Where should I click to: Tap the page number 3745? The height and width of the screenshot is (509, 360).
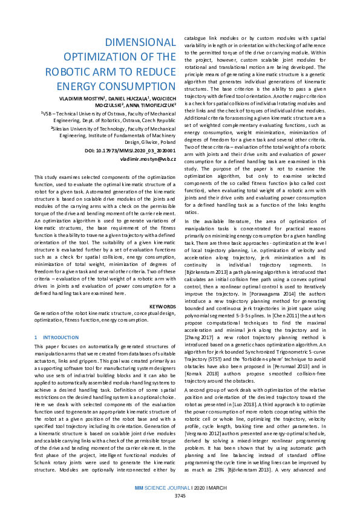click(x=180, y=496)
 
